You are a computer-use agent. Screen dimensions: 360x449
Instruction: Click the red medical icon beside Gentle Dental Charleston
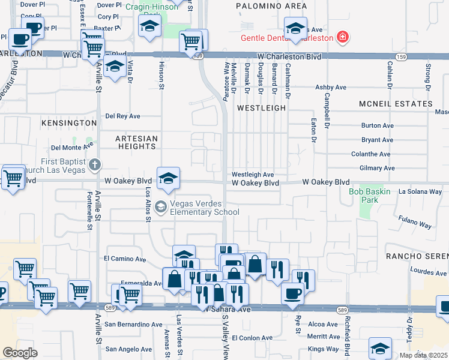343,38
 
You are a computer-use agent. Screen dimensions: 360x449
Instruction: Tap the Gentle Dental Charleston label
287,38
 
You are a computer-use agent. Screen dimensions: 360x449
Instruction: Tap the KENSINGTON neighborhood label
69,122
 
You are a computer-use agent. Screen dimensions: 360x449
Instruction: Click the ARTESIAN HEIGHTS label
136,142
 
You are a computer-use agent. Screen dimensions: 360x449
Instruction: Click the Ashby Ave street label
331,87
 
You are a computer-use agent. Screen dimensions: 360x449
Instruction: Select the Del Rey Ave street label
122,116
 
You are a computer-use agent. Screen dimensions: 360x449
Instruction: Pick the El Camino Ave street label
125,260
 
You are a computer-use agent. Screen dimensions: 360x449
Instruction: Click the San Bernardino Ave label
133,325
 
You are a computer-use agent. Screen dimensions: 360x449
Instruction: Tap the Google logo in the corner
20,353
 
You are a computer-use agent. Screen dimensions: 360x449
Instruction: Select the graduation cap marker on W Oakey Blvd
169,177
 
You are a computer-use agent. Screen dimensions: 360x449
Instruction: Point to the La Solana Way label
420,191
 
